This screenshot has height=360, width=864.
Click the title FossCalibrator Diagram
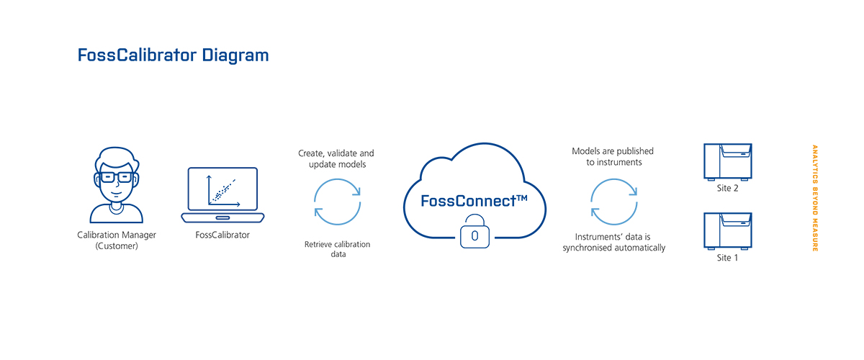[173, 55]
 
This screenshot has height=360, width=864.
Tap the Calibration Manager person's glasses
[117, 176]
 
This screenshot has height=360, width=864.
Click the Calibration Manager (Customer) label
[117, 240]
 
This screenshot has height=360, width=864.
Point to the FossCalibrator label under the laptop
[222, 235]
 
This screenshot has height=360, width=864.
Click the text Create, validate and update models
[336, 159]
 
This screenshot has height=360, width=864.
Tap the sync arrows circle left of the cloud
[336, 202]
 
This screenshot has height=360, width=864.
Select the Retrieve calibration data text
[337, 249]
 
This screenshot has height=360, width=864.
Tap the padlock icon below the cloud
[474, 235]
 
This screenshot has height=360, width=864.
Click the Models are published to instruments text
[613, 157]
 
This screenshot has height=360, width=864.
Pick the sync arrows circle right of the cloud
[613, 202]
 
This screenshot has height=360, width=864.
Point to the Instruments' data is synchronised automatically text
[613, 242]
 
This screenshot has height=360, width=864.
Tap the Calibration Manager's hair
[117, 158]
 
